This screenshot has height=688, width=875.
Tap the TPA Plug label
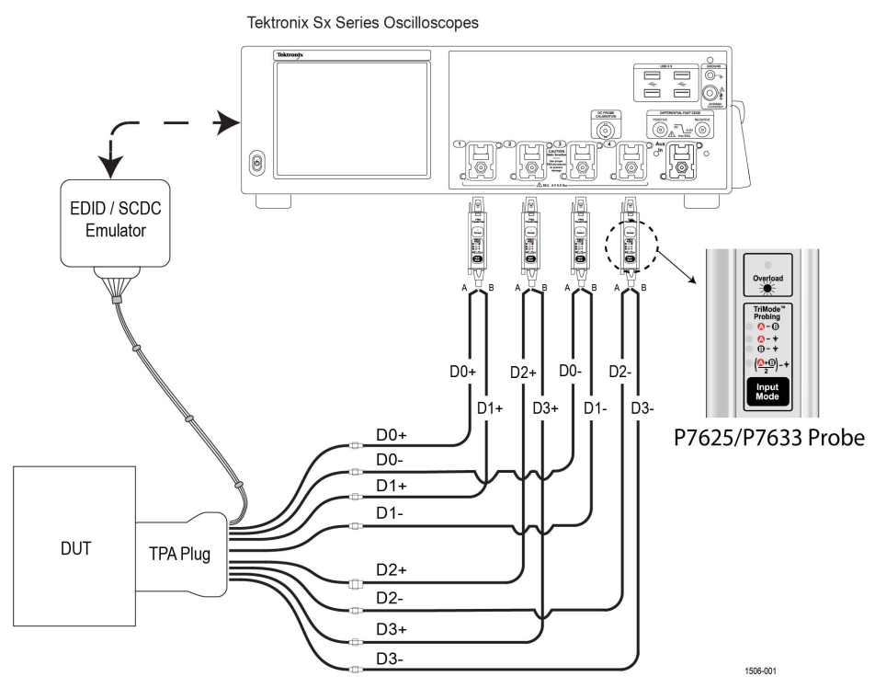tap(179, 555)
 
